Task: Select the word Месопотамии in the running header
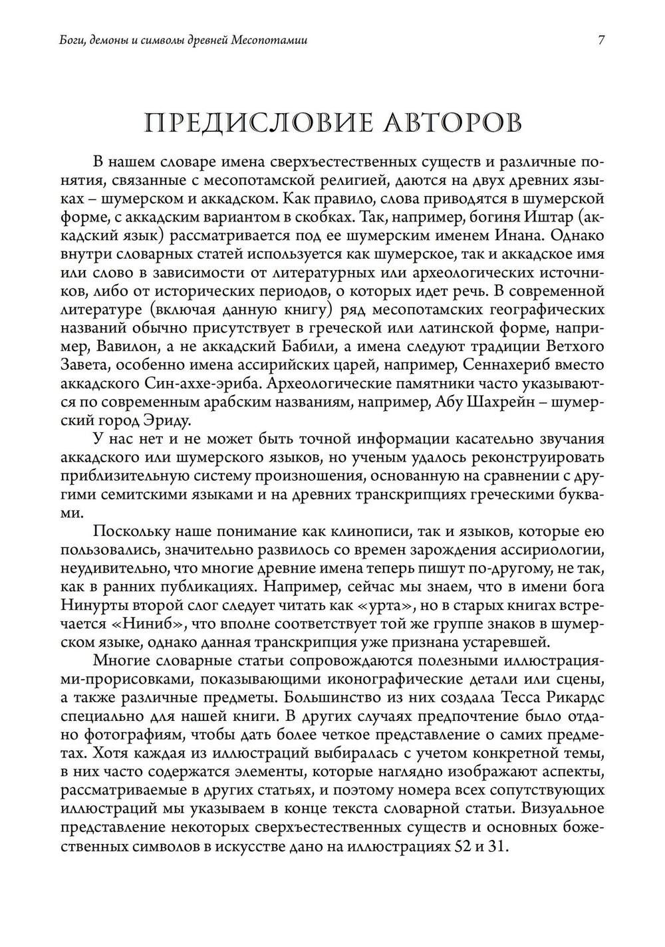coord(270,41)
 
